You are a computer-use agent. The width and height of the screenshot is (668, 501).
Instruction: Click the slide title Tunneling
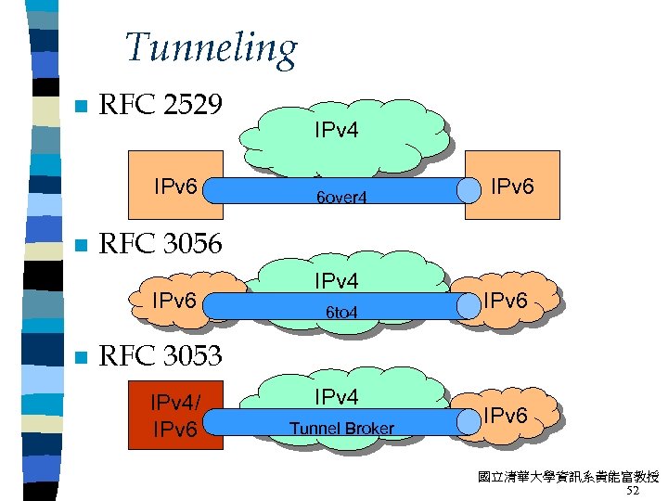211,48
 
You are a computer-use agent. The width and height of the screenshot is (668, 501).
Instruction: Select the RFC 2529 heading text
160,105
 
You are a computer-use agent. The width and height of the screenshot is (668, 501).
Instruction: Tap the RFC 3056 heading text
160,244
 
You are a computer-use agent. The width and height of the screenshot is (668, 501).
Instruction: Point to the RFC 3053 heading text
160,355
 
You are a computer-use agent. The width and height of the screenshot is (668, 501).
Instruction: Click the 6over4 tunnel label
341,198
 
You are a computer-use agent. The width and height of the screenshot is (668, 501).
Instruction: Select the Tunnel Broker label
341,428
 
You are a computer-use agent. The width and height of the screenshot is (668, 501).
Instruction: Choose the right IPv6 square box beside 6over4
512,184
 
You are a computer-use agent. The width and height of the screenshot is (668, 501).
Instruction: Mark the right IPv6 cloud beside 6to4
512,300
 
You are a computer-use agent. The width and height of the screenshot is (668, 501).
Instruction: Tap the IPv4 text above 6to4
336,279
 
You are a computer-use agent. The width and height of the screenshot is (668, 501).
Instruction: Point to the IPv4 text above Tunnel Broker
336,397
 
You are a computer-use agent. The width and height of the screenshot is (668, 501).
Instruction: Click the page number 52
634,491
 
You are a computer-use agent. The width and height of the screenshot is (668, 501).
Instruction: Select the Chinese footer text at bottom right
568,477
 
